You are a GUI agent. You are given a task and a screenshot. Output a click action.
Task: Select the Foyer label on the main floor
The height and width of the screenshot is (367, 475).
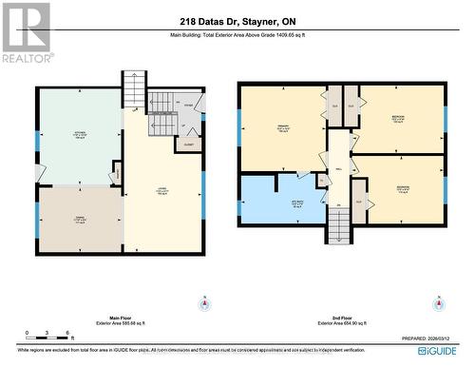click(188, 106)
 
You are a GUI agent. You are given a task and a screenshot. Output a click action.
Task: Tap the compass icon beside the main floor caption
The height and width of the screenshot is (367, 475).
click(202, 304)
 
